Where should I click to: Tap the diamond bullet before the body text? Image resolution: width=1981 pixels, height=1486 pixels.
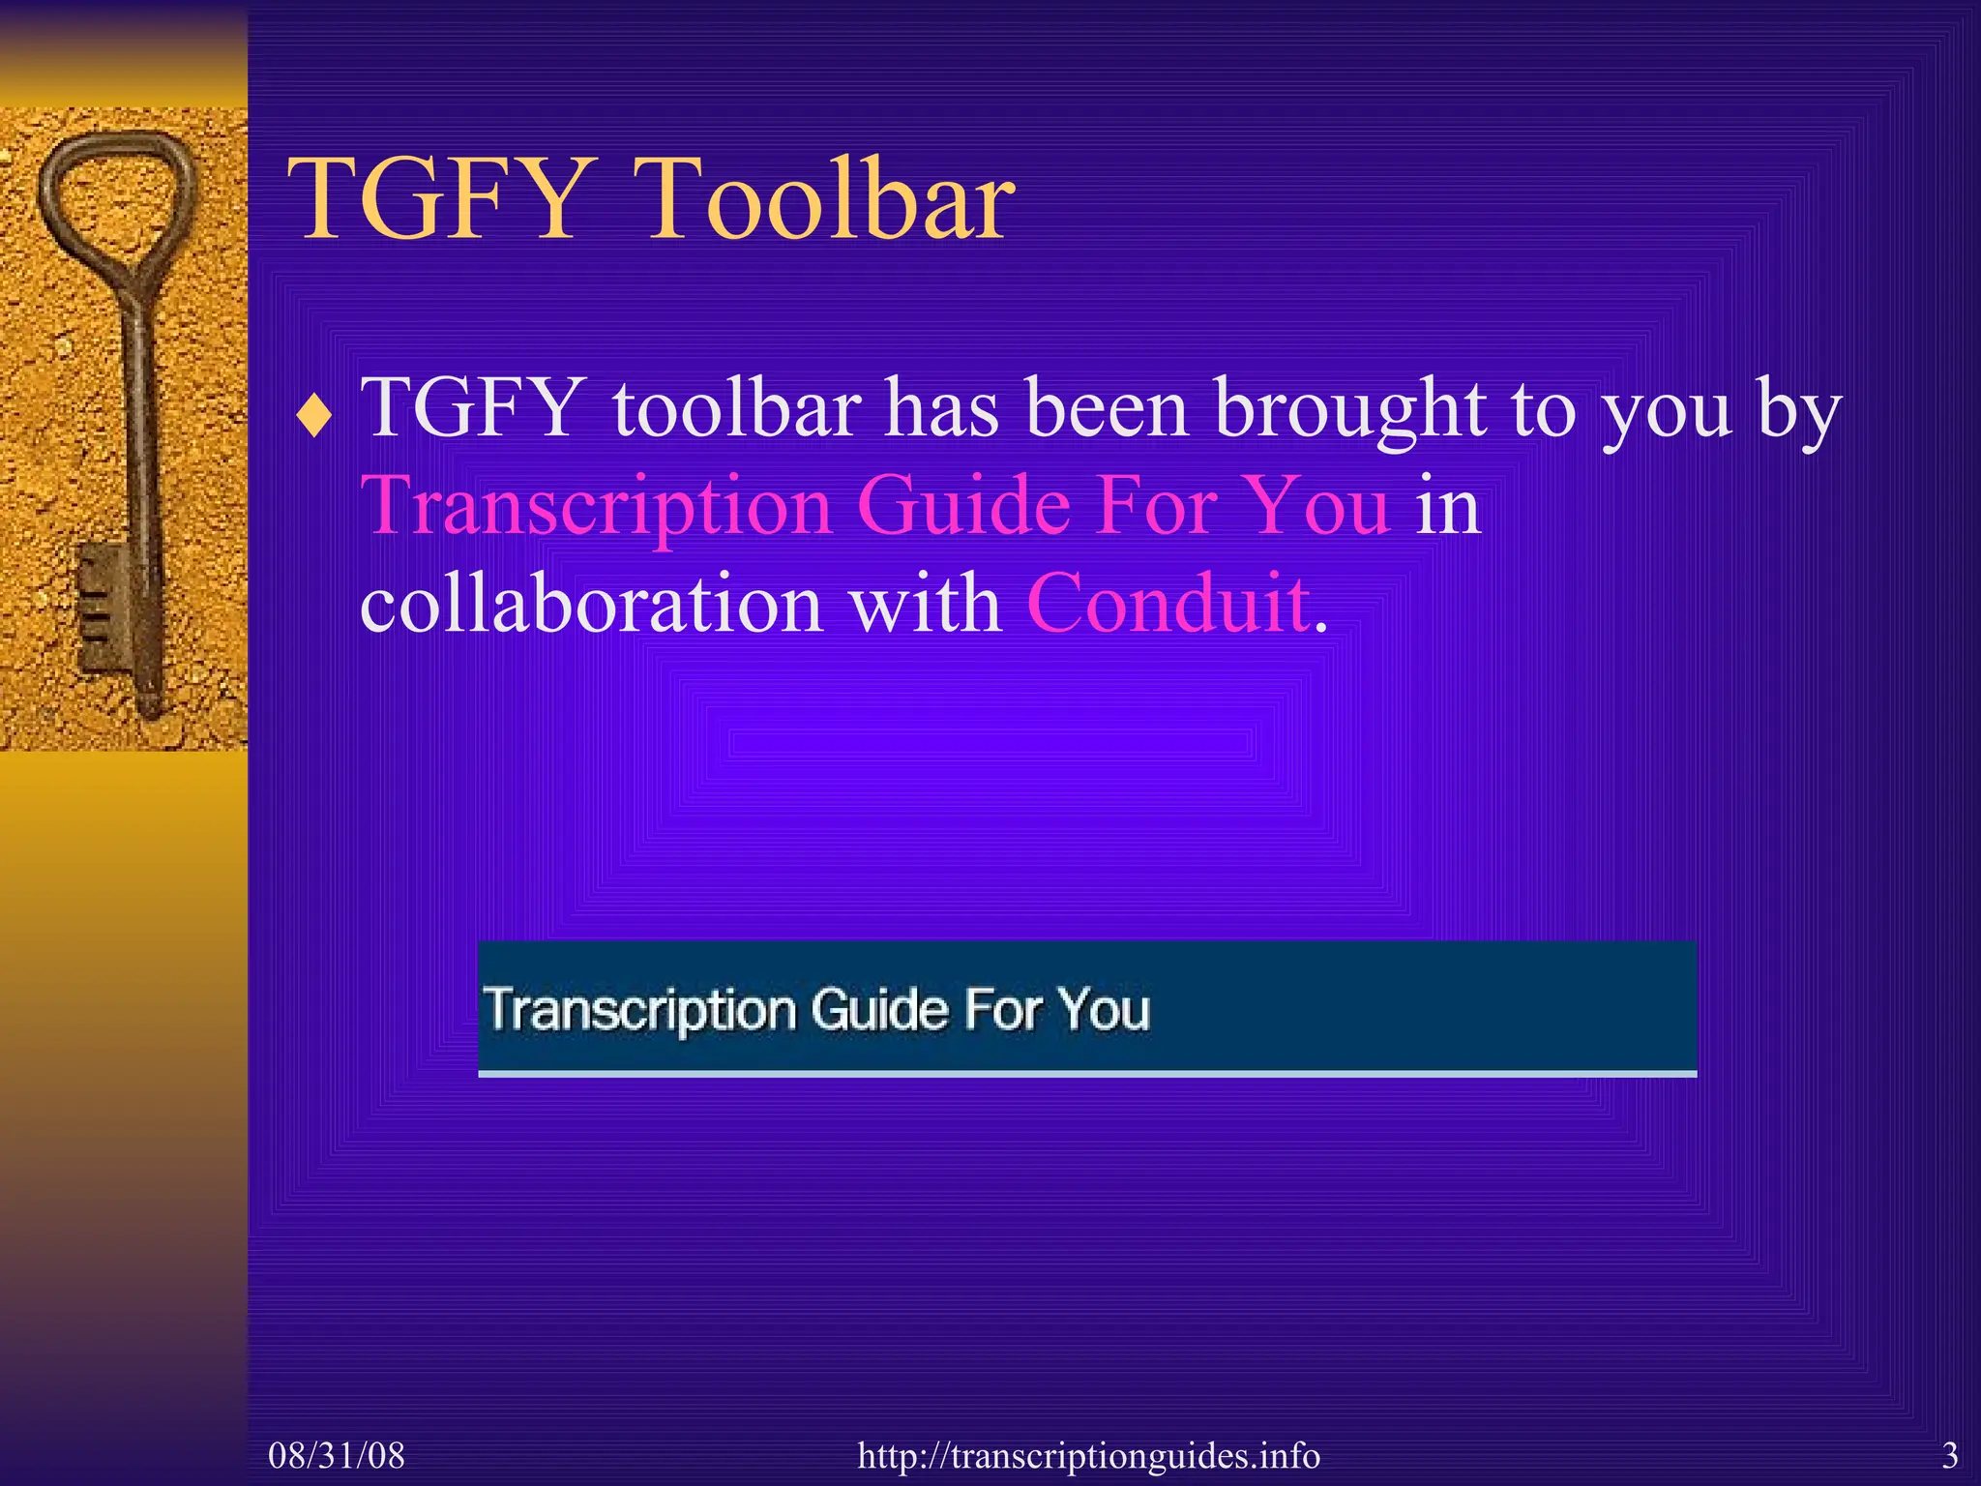314,418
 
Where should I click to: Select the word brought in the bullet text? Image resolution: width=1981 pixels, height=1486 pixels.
1349,408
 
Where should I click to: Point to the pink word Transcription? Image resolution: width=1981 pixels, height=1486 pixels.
596,506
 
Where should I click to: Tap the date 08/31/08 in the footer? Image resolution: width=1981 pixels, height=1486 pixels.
337,1455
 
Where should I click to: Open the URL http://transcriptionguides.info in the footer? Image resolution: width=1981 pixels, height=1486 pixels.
1088,1455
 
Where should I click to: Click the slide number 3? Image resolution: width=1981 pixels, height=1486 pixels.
1950,1455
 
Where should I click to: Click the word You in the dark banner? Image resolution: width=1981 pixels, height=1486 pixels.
1104,1009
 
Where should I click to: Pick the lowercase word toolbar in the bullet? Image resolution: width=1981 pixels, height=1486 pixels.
736,408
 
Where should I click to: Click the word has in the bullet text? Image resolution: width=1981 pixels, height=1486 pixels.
942,408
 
